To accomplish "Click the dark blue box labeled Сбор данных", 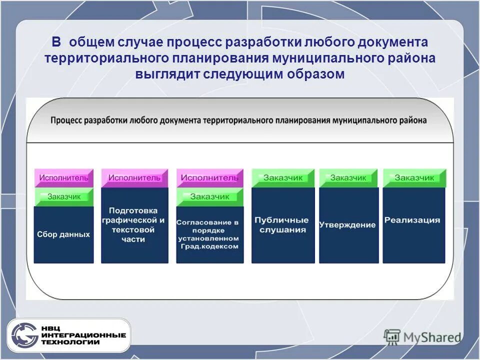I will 63,234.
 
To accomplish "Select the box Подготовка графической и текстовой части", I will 134,225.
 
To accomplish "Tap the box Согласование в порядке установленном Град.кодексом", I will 210,234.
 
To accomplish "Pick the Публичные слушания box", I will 283,225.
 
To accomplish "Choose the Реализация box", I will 413,225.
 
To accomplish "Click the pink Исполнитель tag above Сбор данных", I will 64,177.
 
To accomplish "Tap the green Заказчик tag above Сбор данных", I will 64,196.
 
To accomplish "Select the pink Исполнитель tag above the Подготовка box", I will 134,177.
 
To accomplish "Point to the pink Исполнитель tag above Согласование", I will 210,177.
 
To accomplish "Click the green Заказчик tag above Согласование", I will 210,196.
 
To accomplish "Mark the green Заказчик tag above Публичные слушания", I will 283,177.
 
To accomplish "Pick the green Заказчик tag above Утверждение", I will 348,177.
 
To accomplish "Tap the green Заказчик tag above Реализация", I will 414,177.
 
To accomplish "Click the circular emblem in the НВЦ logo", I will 24,335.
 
